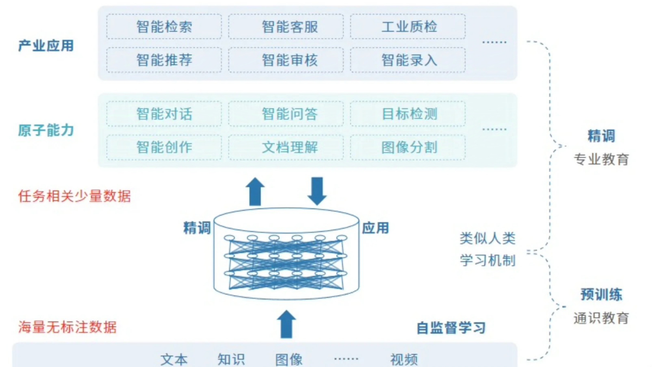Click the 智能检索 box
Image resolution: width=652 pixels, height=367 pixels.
click(x=164, y=27)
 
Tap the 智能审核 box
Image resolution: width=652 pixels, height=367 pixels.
click(x=286, y=60)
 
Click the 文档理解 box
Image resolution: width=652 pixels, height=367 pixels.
click(x=286, y=147)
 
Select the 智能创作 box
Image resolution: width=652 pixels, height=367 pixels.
click(x=164, y=147)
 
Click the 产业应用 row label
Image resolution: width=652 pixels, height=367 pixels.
click(x=46, y=46)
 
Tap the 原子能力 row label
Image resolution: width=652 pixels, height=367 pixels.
click(x=46, y=130)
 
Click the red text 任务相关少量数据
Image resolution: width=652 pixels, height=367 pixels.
click(x=74, y=196)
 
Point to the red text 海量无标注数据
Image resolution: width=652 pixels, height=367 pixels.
click(x=67, y=327)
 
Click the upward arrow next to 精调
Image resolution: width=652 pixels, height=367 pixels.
click(x=255, y=191)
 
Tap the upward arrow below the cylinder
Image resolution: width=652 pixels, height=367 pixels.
click(x=286, y=324)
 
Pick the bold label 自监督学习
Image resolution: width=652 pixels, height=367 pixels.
click(x=451, y=328)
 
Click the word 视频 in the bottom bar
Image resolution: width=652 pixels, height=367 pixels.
click(x=404, y=359)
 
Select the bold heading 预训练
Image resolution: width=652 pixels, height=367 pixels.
click(x=601, y=295)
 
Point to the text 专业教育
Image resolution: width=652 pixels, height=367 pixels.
click(x=601, y=159)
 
